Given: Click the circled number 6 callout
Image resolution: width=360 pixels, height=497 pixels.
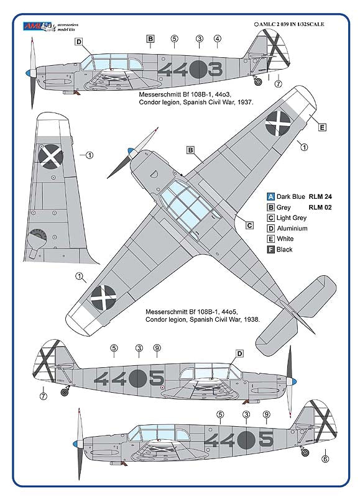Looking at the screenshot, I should coord(325,460).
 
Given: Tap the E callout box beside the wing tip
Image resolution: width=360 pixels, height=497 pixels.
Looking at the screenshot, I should coord(322,127).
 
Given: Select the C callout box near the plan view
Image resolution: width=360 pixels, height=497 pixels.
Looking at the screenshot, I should coord(249,225).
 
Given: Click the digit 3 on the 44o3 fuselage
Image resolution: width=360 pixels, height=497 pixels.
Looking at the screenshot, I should coord(215,69).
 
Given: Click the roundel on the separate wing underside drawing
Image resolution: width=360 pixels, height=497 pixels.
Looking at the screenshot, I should coord(50,155).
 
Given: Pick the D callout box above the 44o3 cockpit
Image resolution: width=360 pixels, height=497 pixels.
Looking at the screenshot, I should coord(79,42).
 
